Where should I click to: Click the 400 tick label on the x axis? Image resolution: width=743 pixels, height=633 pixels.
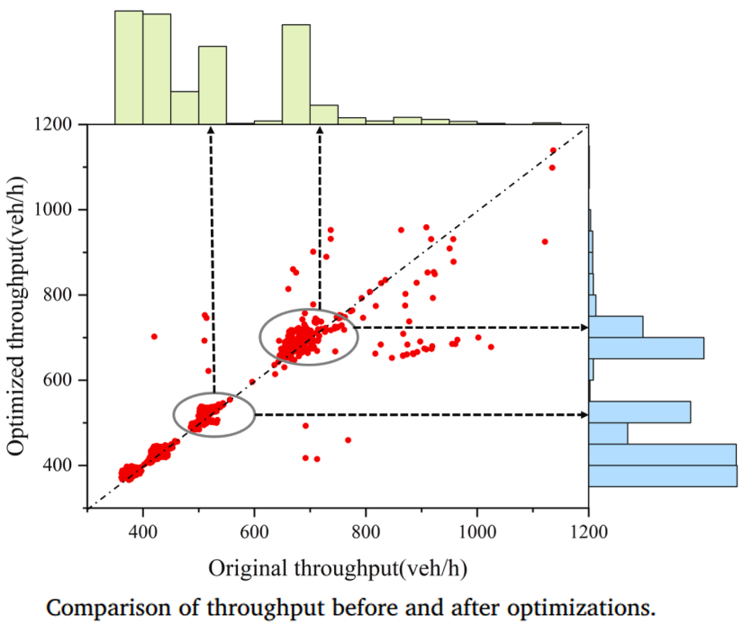tap(143, 531)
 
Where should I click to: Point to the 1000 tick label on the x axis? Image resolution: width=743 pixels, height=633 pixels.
tap(476, 531)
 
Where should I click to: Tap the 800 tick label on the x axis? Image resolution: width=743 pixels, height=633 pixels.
tap(366, 531)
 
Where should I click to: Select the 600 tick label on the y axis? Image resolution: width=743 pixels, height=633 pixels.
tap(61, 380)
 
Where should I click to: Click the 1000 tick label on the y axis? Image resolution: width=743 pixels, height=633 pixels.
tap(58, 210)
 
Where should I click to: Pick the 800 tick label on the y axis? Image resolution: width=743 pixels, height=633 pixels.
tap(61, 295)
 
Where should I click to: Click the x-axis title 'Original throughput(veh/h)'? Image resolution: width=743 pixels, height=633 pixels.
tap(338, 569)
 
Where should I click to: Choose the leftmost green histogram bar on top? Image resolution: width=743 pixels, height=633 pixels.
tap(129, 68)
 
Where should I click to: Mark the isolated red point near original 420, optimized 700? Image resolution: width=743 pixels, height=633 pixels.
tap(154, 336)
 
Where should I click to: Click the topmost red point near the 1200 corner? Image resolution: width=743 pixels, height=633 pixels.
tap(553, 150)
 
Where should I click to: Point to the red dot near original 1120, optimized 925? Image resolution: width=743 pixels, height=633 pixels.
tap(544, 241)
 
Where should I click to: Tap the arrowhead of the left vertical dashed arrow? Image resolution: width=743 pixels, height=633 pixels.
tap(211, 131)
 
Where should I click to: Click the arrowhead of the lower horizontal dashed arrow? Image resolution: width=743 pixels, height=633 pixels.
tap(582, 414)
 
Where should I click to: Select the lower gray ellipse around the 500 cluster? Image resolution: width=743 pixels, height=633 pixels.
tap(174, 415)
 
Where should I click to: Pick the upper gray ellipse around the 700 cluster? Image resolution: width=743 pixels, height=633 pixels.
tap(260, 337)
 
